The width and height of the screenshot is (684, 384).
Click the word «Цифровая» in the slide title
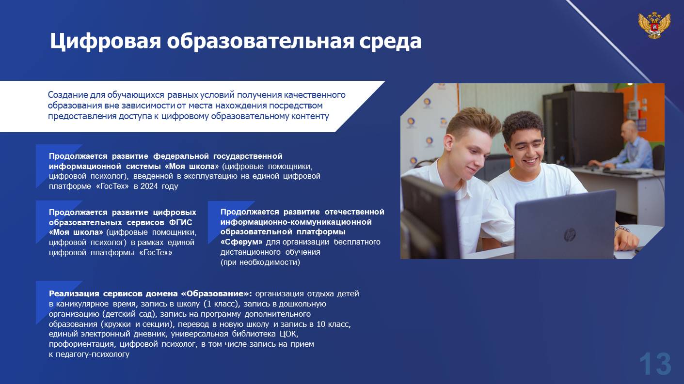click(105, 42)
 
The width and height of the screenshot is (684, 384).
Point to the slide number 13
click(655, 364)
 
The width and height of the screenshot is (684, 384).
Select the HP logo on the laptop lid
click(570, 235)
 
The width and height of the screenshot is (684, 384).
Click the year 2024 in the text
click(150, 186)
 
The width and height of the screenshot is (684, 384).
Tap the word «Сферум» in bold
click(241, 242)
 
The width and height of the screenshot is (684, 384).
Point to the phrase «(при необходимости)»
click(260, 262)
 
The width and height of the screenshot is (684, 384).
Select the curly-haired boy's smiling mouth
click(531, 160)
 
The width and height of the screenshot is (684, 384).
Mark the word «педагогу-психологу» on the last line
click(92, 354)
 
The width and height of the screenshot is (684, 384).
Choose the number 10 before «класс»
click(321, 324)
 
